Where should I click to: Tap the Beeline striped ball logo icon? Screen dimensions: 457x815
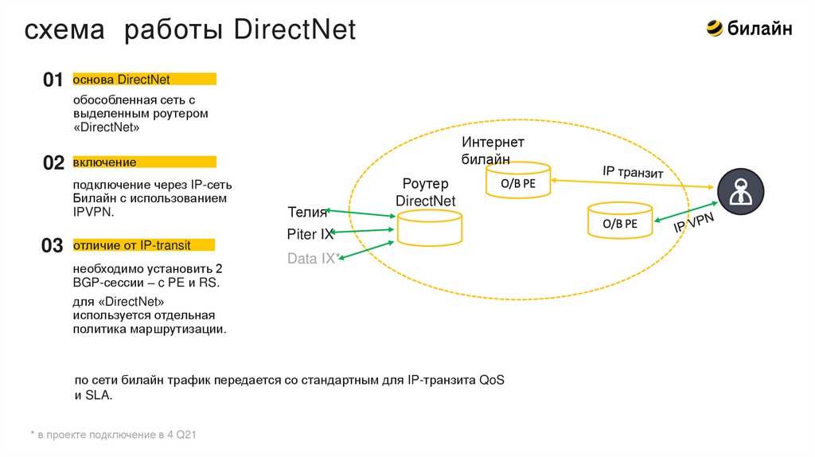point(714,29)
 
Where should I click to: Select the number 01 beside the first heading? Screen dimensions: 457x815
point(53,80)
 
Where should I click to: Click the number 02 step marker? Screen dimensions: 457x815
point(53,163)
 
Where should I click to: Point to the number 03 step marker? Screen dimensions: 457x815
point(53,246)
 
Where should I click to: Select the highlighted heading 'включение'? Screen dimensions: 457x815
point(104,162)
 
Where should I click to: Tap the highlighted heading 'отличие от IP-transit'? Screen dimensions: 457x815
point(132,244)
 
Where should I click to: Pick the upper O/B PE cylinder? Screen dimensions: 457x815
point(518,182)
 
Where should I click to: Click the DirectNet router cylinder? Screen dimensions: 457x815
point(429,228)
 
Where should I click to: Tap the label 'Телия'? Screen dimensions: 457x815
point(307,212)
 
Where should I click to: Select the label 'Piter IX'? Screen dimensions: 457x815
point(310,235)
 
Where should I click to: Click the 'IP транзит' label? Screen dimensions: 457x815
point(633,172)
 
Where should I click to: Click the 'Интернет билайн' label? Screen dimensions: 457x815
point(493,150)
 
